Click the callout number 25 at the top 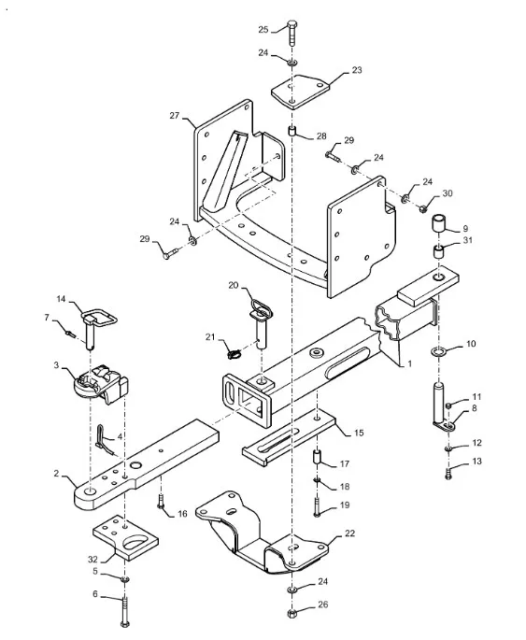click(x=263, y=29)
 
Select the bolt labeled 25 click(x=292, y=33)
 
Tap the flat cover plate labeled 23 click(x=300, y=92)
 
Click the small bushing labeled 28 click(x=292, y=133)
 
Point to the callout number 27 click(x=175, y=116)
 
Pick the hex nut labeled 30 click(x=422, y=209)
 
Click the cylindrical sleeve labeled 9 click(x=439, y=223)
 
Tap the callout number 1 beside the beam click(x=410, y=363)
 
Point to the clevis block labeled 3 click(x=101, y=384)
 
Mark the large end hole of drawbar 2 click(x=91, y=491)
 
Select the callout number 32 click(x=93, y=559)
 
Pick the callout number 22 click(x=349, y=533)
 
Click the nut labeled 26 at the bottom click(x=291, y=613)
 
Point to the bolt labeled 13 click(x=448, y=475)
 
